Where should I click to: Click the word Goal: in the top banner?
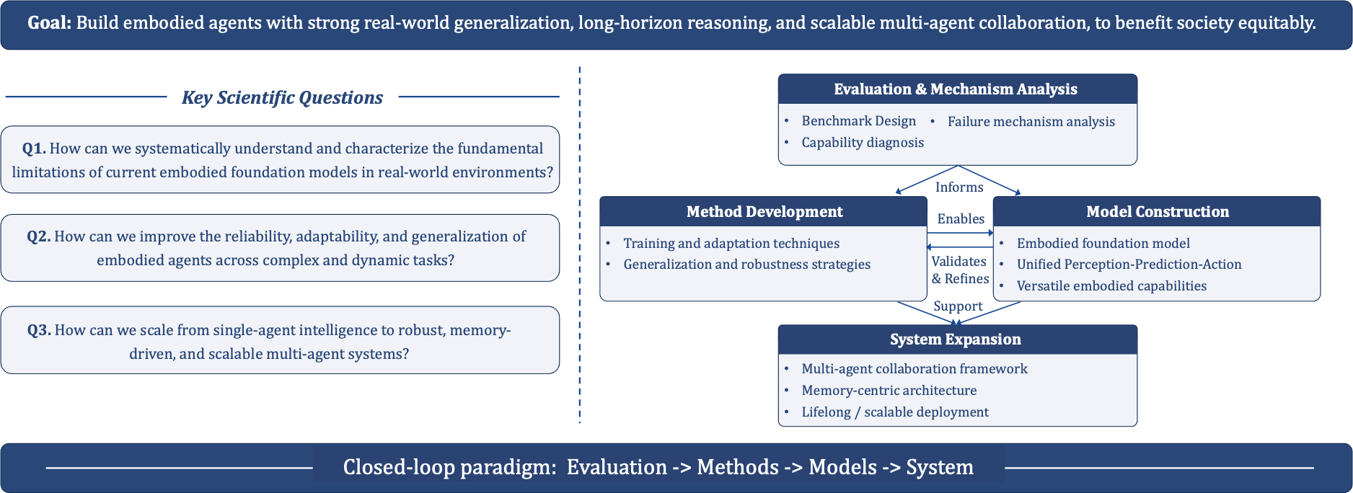(x=49, y=23)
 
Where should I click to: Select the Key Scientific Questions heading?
(x=282, y=97)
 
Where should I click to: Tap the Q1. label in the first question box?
(x=34, y=148)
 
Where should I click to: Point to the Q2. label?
(x=38, y=236)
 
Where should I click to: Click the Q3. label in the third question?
(x=39, y=330)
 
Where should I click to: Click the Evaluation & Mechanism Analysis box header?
(x=956, y=89)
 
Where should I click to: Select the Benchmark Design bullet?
(x=858, y=121)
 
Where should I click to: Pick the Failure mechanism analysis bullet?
(x=1031, y=122)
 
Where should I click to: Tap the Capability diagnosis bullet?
(x=863, y=143)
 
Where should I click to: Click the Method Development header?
(x=764, y=212)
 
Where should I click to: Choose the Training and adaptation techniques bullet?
(x=731, y=244)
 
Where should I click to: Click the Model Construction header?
(x=1158, y=212)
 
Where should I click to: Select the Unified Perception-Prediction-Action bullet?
(x=1129, y=265)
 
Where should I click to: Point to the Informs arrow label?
(x=959, y=187)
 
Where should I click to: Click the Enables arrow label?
(x=961, y=219)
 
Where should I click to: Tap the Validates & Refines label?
(x=960, y=270)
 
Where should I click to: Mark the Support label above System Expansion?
(x=958, y=306)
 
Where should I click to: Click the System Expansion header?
(x=956, y=339)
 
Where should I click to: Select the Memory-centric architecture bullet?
(x=889, y=391)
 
